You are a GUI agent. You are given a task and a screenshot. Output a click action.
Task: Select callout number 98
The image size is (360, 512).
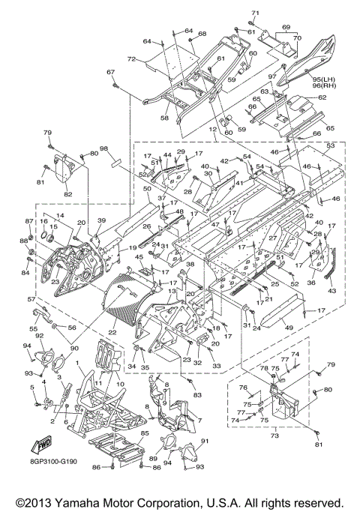click(x=104, y=149)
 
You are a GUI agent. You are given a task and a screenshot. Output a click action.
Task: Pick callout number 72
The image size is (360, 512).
click(x=131, y=59)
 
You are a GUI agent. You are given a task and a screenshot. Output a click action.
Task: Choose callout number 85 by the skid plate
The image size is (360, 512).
click(x=145, y=433)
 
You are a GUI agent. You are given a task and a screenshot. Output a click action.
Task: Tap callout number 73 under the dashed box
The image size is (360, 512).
click(x=275, y=436)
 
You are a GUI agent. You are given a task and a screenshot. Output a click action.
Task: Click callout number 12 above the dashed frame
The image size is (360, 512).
click(x=213, y=130)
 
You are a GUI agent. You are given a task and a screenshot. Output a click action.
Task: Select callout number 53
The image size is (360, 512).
click(x=331, y=145)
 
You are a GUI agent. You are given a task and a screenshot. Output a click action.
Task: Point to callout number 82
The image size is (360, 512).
click(x=68, y=194)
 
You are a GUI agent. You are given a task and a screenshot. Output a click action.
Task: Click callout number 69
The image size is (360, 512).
click(x=286, y=27)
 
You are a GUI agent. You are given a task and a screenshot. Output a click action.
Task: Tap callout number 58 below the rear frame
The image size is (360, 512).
click(x=165, y=118)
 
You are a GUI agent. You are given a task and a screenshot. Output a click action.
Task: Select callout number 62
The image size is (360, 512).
click(x=322, y=97)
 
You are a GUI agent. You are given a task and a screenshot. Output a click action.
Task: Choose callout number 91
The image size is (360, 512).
click(x=205, y=441)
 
